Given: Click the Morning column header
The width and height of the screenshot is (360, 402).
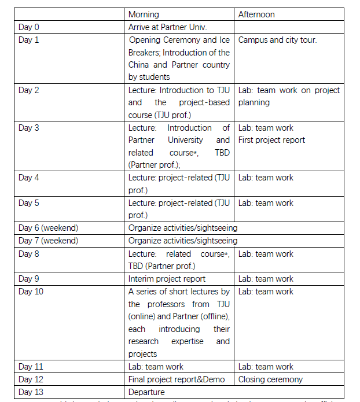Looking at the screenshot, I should [x=144, y=14].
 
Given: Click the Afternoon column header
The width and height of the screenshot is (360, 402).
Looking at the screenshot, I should [x=257, y=14].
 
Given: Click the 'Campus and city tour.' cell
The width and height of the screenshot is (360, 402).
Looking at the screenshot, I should [x=277, y=40].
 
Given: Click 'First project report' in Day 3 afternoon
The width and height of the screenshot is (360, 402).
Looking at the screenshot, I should [x=271, y=140].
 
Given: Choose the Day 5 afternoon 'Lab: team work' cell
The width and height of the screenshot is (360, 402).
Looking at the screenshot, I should [x=266, y=203].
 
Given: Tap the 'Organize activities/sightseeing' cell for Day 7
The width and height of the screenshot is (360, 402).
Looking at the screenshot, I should [x=183, y=241].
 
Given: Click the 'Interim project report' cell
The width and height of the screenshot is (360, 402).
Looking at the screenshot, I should [x=167, y=279].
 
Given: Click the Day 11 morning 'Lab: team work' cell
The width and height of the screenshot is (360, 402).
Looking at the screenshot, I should [x=156, y=367].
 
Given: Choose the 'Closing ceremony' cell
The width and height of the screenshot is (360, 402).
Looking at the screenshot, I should [x=270, y=379].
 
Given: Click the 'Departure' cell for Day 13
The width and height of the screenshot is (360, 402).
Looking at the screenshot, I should [x=146, y=392].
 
